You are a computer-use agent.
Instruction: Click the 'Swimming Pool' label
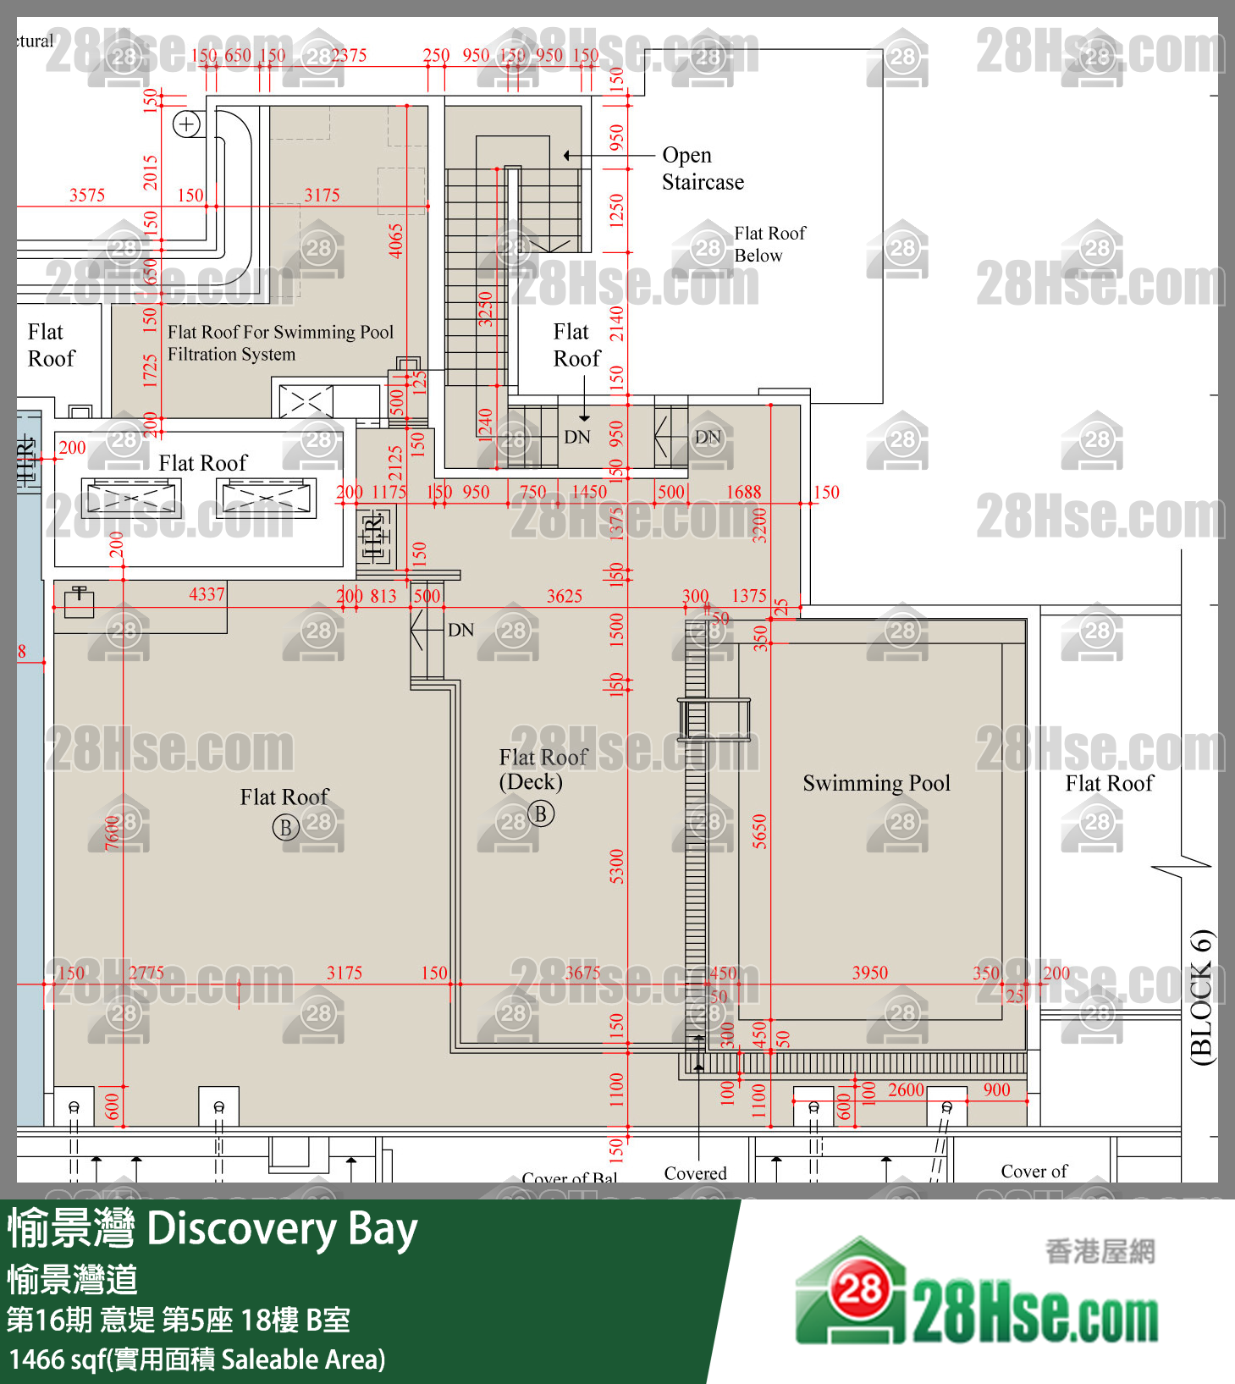(876, 783)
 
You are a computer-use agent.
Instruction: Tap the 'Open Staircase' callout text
(702, 168)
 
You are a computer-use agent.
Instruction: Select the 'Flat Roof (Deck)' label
(542, 769)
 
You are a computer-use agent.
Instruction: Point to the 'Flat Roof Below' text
(769, 244)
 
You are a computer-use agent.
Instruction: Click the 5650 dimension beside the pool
(759, 831)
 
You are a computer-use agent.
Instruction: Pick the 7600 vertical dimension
(113, 833)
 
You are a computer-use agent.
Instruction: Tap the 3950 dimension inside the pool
(869, 973)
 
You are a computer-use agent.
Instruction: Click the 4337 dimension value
(207, 594)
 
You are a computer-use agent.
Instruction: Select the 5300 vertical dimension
(616, 866)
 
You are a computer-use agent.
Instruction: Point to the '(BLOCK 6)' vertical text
(1201, 996)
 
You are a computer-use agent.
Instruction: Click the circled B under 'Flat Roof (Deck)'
(541, 813)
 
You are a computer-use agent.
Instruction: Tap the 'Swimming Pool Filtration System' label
(280, 343)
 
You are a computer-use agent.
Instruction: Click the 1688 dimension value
(743, 492)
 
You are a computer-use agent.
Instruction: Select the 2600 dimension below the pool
(905, 1090)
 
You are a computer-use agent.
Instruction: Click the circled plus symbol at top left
(186, 124)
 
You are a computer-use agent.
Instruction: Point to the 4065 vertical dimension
(395, 240)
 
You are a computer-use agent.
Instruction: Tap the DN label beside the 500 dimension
(460, 630)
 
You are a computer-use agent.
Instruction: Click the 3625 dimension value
(564, 596)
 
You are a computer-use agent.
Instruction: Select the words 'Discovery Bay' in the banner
(282, 1230)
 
